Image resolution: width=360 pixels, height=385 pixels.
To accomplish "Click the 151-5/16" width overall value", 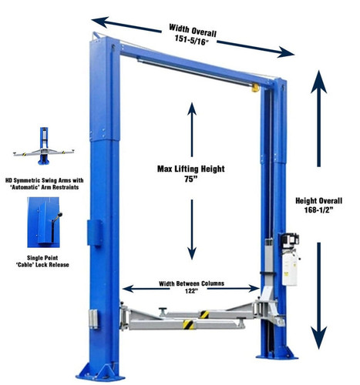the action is [191, 39].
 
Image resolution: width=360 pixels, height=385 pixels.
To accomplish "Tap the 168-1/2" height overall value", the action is [318, 210].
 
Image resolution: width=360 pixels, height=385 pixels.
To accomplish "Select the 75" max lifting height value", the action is [190, 179].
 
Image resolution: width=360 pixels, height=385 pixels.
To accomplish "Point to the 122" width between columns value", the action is [191, 291].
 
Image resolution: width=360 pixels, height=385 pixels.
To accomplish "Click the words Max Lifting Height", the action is [191, 169].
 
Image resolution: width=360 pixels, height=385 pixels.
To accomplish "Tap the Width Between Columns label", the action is [191, 283].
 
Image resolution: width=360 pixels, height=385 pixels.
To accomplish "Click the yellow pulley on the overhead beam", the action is [255, 88].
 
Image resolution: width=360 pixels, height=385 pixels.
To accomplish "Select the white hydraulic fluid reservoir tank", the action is [290, 269].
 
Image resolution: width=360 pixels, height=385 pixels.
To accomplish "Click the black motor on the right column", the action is [289, 241].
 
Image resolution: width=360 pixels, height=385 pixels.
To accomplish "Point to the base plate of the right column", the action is [277, 353].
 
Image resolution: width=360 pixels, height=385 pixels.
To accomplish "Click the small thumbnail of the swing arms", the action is [44, 146].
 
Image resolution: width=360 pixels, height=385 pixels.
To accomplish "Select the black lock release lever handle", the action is [57, 227].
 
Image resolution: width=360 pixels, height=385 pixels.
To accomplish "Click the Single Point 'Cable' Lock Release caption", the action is [42, 261].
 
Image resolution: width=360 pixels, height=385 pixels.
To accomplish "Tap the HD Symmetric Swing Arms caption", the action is [44, 184].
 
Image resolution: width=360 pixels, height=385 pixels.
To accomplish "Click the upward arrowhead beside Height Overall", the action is [318, 82].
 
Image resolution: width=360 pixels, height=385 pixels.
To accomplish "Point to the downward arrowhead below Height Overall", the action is [319, 337].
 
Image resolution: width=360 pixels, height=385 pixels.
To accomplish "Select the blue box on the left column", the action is [95, 233].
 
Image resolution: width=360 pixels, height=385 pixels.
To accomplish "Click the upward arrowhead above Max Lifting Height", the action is [192, 109].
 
